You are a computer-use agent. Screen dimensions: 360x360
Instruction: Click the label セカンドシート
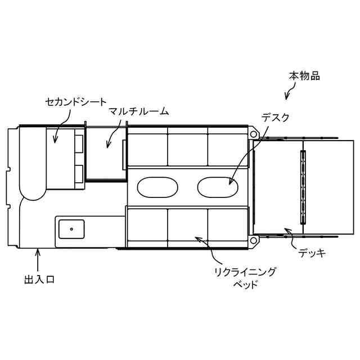(x=76, y=102)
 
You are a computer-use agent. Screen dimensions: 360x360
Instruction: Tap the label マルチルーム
(x=139, y=111)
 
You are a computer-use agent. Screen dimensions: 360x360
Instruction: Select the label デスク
(x=275, y=118)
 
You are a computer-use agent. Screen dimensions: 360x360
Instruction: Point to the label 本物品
(x=304, y=76)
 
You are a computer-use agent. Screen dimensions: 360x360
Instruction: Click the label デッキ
(x=312, y=253)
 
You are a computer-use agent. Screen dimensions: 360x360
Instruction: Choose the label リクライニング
(x=245, y=272)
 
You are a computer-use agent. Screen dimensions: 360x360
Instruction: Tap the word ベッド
(x=245, y=285)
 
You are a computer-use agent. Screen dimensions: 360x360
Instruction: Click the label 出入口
(x=39, y=280)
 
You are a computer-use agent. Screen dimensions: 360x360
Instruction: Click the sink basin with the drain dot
(x=71, y=229)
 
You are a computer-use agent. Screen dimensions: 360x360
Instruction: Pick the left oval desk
(x=157, y=187)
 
